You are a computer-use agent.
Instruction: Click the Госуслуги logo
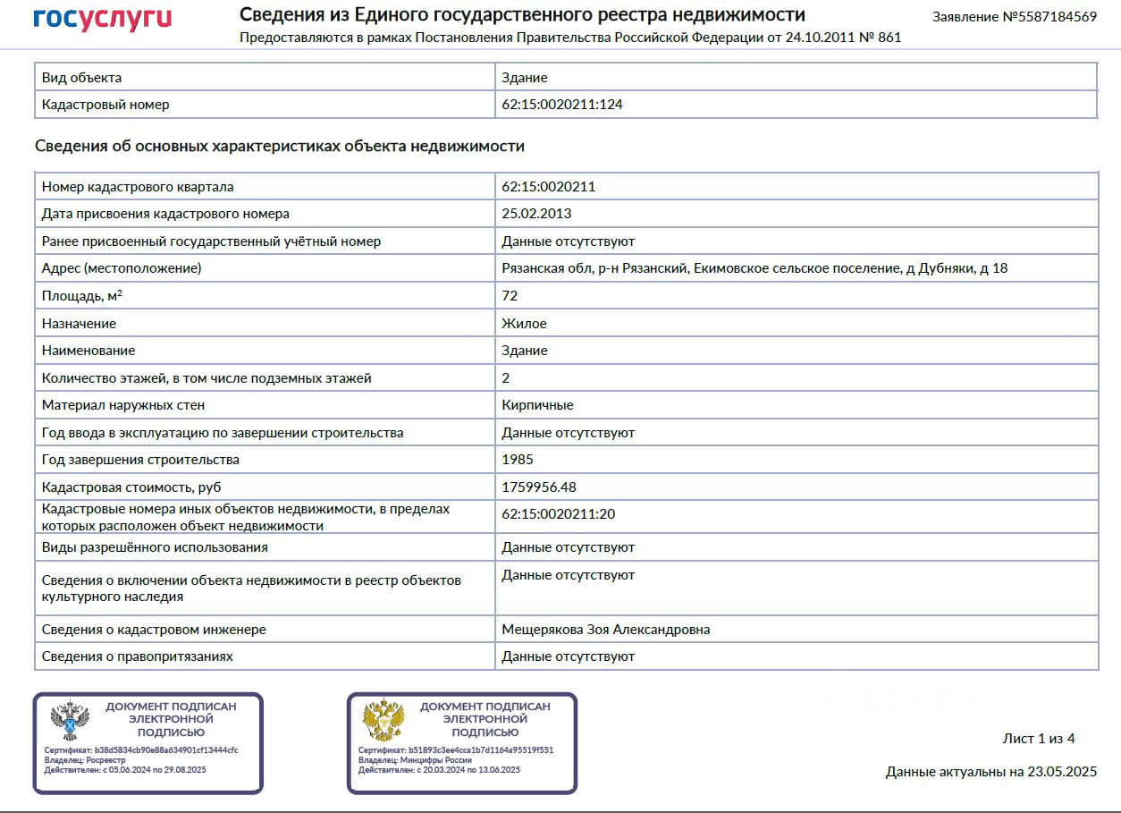pos(102,19)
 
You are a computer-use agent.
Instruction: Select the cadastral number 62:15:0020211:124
pos(562,105)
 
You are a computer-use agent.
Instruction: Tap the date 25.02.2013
pos(536,214)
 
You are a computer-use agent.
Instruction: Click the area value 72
pos(510,296)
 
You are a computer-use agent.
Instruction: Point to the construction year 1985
pos(518,460)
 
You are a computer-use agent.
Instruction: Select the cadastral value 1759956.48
pos(539,487)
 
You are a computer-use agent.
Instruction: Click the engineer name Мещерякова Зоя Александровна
pos(605,630)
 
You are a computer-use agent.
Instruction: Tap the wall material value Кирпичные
pos(537,405)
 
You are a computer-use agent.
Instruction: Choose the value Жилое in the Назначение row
pos(524,324)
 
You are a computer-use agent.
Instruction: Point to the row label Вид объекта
pos(81,78)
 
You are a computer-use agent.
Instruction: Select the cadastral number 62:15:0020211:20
pos(558,514)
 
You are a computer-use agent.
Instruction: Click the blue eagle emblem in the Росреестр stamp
pos(69,720)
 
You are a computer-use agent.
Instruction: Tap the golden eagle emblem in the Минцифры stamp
pos(383,720)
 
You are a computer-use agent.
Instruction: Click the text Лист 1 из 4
pos(1038,739)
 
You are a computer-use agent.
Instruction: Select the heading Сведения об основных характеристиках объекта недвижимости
pos(279,146)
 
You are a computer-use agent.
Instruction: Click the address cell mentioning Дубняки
pos(754,268)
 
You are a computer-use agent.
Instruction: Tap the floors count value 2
pos(506,378)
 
